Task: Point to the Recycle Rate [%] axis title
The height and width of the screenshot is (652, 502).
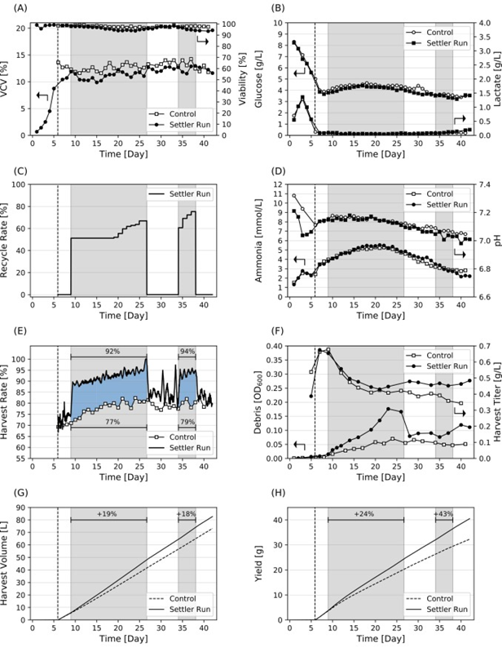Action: pyautogui.click(x=7, y=246)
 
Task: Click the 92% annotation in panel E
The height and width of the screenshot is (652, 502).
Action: pyautogui.click(x=108, y=351)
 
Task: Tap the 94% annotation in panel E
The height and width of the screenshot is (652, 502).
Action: pyautogui.click(x=187, y=351)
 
